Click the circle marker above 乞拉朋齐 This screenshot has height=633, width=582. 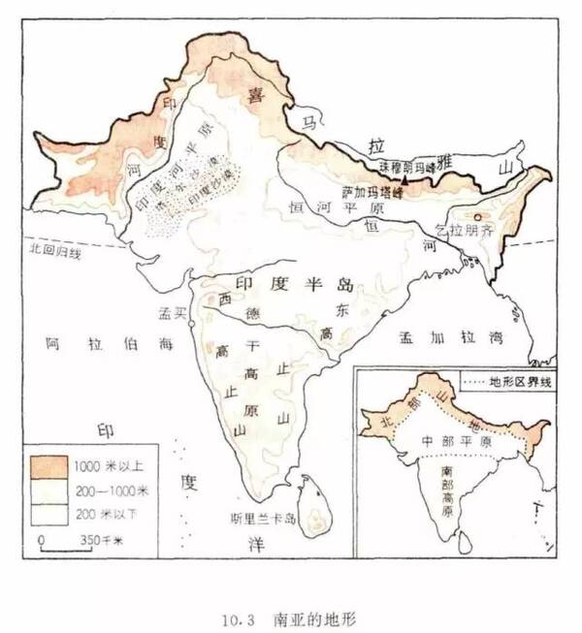tap(476, 215)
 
